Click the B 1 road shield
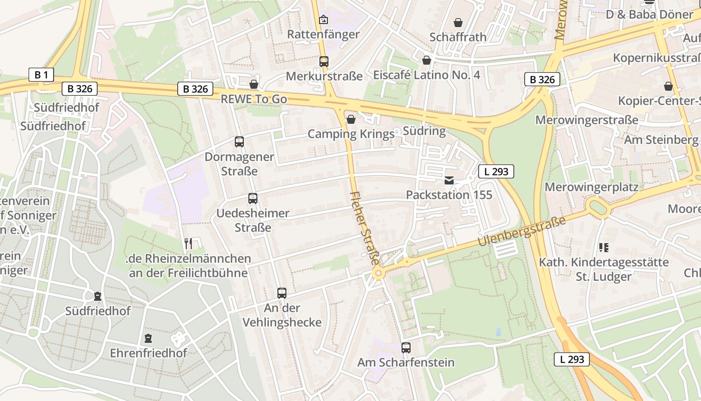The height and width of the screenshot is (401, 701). (41, 75)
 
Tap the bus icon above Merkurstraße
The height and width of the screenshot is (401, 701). (324, 62)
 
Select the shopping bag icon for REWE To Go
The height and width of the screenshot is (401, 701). (254, 84)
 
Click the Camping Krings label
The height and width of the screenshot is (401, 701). (351, 134)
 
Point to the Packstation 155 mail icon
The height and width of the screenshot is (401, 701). (449, 180)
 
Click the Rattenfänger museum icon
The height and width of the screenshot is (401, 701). (324, 20)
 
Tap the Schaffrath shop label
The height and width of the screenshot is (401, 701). (458, 37)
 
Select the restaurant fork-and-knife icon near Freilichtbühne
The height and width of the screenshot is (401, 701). (188, 244)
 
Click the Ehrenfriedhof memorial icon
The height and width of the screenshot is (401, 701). (148, 338)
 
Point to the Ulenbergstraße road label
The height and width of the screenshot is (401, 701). (522, 231)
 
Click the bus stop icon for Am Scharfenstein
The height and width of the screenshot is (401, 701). (406, 347)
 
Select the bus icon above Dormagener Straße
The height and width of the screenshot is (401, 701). (239, 142)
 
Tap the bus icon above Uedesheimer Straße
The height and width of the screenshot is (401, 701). (253, 198)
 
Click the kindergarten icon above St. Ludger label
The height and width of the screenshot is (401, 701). (604, 247)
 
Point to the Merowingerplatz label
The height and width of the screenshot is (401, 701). (591, 187)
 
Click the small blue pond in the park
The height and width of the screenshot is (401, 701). (498, 332)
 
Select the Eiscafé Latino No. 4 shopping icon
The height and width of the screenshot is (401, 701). (427, 61)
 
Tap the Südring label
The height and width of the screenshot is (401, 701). (424, 131)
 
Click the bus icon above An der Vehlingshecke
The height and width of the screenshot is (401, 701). (282, 293)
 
